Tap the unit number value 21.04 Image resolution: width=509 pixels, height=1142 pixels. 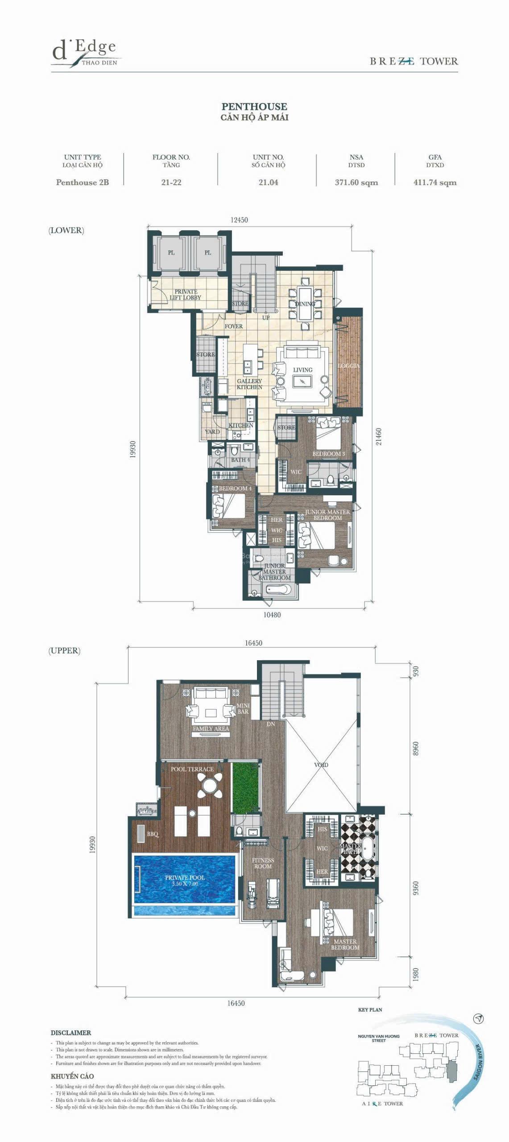268,182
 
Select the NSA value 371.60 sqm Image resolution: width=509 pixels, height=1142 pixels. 356,182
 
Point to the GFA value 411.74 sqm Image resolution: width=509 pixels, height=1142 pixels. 435,182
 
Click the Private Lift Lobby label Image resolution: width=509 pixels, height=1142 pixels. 186,294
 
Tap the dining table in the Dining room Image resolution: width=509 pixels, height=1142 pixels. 305,303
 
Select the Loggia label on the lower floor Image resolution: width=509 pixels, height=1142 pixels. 349,365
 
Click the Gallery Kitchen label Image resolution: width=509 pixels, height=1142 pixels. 249,384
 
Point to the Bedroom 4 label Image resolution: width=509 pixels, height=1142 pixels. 235,488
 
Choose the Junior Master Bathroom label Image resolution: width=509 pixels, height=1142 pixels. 274,571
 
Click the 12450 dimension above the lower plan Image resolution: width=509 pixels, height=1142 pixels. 239,220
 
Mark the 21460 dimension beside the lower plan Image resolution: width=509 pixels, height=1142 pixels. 378,437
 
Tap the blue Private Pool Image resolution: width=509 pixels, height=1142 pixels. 184,879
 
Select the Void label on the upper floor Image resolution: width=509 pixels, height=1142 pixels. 321,765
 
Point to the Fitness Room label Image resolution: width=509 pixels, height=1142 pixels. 263,863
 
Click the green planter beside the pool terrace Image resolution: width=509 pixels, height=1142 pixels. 245,787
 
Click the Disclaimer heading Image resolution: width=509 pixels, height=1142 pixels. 70,1032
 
